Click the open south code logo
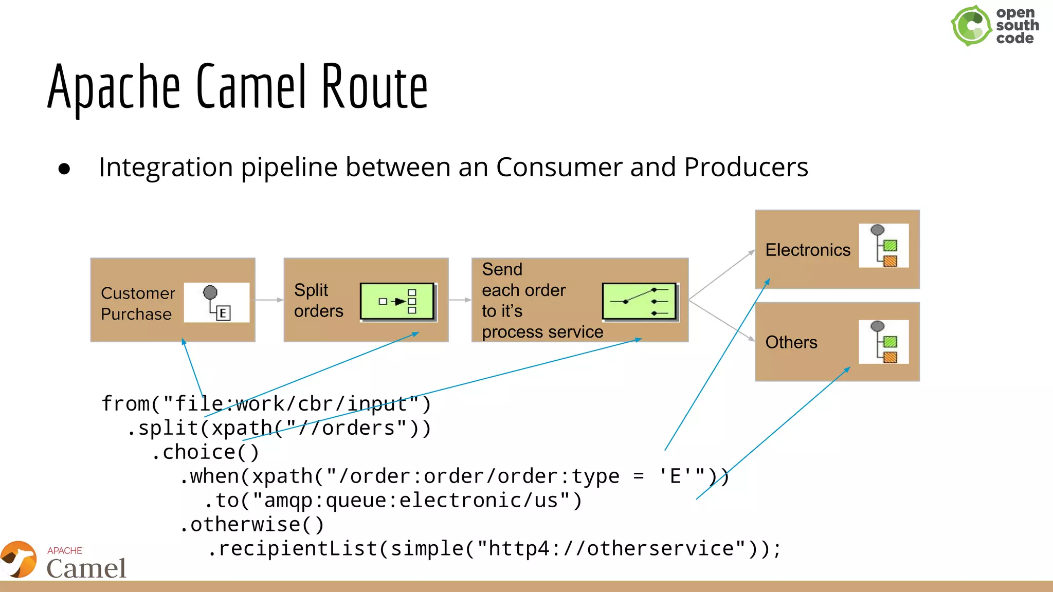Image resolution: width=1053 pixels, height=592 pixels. (x=994, y=25)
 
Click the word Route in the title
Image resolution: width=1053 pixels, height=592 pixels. (x=374, y=87)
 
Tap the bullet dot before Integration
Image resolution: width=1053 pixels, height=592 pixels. (x=64, y=169)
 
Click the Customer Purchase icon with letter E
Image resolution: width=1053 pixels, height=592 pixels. (x=216, y=303)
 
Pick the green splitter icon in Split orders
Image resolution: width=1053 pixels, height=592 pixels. (x=397, y=302)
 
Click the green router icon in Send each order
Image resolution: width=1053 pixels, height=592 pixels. (x=639, y=302)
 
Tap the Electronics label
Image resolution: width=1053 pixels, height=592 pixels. (x=807, y=250)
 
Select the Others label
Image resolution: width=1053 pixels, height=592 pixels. (x=791, y=342)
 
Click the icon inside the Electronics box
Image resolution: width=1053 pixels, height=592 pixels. (x=883, y=246)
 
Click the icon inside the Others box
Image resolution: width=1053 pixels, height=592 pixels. (x=883, y=342)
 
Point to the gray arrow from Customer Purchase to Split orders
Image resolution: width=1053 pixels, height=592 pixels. (x=269, y=300)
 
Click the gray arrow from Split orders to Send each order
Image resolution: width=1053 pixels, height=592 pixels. (x=460, y=300)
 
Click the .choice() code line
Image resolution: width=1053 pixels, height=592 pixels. (x=206, y=452)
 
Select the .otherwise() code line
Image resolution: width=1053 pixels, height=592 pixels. (x=252, y=525)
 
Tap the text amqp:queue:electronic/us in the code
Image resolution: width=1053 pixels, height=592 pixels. (x=411, y=501)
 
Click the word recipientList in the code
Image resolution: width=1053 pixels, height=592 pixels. (x=298, y=549)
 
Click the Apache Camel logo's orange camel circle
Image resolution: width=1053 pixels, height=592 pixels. (x=19, y=560)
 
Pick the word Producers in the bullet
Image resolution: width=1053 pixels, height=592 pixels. (x=746, y=168)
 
